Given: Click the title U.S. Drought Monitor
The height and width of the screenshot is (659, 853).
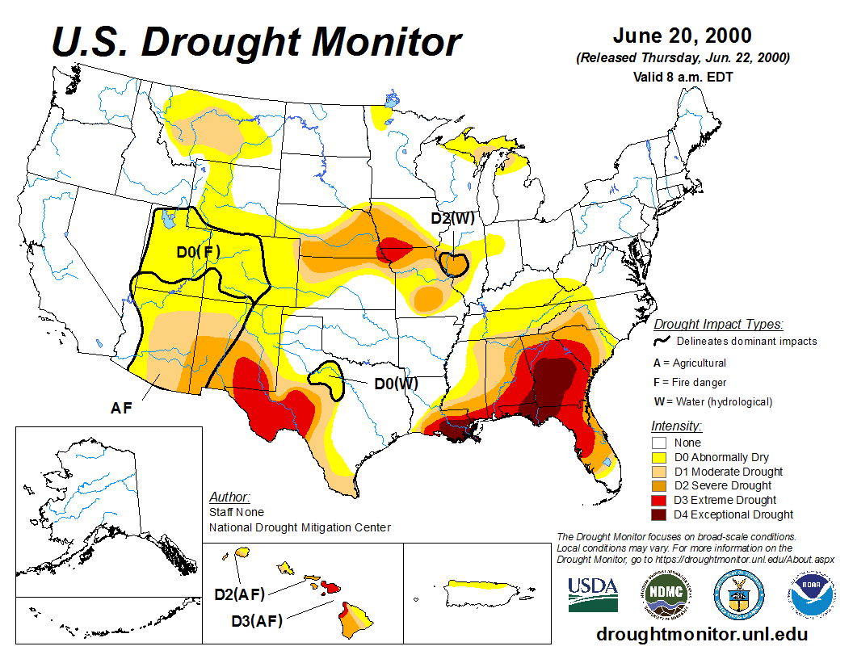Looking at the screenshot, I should coord(257,42).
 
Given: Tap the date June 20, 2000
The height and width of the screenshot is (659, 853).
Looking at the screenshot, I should coord(682,36).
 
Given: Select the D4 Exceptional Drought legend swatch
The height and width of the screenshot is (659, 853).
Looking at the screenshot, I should coord(659,514).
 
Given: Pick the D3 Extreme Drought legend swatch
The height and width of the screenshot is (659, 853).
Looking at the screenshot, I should coord(659,500).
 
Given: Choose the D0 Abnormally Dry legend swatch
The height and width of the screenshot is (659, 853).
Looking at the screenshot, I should coord(659,457).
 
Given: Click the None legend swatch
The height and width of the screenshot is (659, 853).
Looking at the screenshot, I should coord(659,443).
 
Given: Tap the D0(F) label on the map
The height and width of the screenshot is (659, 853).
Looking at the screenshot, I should coord(199,253).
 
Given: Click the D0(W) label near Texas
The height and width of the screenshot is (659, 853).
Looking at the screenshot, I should coord(396,383).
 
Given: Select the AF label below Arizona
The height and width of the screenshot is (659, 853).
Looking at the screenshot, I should coord(121,409).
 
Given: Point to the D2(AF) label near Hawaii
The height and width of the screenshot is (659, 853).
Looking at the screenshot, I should coord(240,595).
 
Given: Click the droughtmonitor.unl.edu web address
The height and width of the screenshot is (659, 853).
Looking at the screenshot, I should coord(701,634).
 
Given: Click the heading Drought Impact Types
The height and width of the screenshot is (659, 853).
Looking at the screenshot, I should coord(717,325).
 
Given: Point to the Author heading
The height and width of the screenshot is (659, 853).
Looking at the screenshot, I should coord(229,497).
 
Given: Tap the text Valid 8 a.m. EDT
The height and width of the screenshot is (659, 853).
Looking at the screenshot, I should coord(683,78).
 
